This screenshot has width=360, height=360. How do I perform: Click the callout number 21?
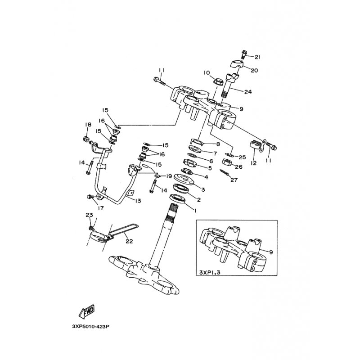click(x=257, y=57)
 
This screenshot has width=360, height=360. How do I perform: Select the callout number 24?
click(x=248, y=92)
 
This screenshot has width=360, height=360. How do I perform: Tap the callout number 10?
click(x=207, y=72)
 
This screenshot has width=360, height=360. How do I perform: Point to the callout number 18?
click(x=87, y=125)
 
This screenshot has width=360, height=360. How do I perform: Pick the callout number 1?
click(x=195, y=209)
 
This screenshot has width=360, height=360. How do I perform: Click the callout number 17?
click(x=100, y=208)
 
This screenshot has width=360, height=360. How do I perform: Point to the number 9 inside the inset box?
click(x=271, y=252)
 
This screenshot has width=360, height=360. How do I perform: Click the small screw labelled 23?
click(x=92, y=222)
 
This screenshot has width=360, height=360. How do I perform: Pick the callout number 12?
click(x=253, y=163)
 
